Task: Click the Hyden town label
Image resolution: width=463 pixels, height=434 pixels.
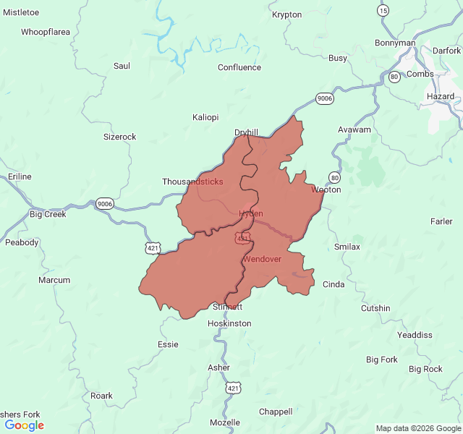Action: (x=251, y=213)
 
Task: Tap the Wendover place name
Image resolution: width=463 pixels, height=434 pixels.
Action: (x=262, y=258)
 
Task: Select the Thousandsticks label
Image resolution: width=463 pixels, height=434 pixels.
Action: (x=192, y=182)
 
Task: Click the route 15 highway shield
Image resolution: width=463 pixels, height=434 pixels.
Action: (x=383, y=10)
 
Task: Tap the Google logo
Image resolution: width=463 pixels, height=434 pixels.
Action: (x=24, y=425)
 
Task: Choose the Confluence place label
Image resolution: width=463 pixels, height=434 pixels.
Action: (x=239, y=67)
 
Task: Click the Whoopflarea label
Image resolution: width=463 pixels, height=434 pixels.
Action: (x=45, y=32)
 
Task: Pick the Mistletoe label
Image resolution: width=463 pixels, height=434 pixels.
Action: (x=21, y=12)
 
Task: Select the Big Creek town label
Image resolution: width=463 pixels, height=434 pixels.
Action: (x=48, y=214)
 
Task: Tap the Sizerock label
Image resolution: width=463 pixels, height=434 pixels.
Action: (x=119, y=136)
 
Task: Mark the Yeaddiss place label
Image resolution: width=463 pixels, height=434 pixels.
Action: (x=415, y=335)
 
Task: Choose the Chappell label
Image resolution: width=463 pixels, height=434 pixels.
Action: (x=276, y=412)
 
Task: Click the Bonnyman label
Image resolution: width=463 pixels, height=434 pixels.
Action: (x=395, y=43)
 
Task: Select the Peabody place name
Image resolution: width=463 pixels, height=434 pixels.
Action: (x=22, y=242)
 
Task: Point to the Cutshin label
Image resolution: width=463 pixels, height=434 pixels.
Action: (x=375, y=308)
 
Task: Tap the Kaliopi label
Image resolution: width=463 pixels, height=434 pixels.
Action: (x=205, y=117)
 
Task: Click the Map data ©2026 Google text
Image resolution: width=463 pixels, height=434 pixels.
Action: (x=417, y=428)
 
